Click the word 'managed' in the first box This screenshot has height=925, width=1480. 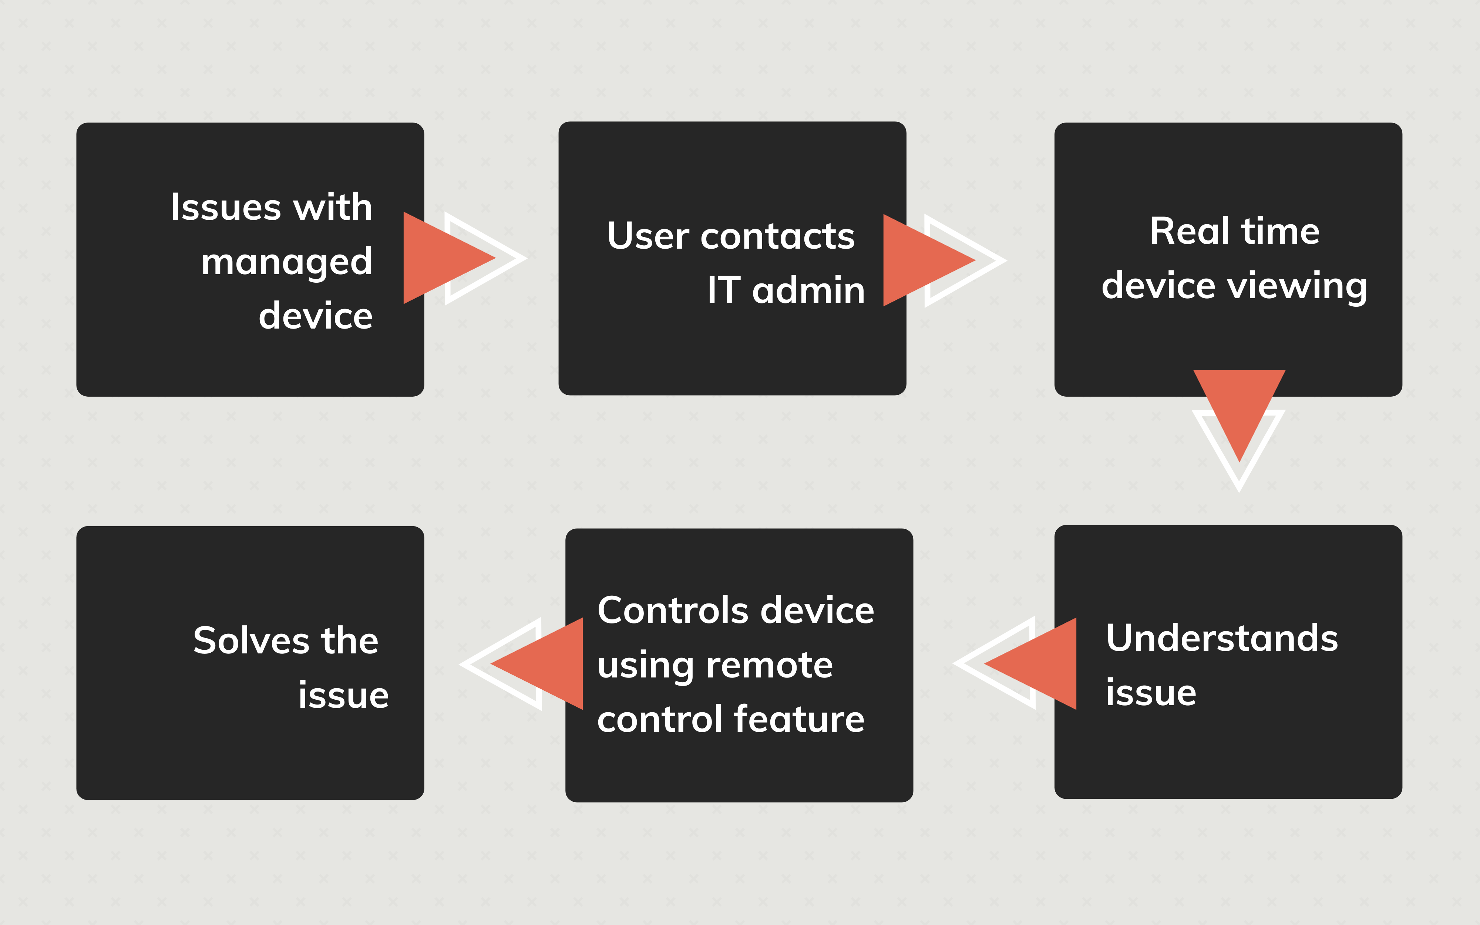tap(286, 262)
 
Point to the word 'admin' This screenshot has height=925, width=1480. tap(808, 290)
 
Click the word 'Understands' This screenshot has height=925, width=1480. tap(1222, 638)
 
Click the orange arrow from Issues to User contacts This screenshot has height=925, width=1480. tap(443, 258)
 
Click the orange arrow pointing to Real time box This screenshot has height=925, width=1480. tap(924, 260)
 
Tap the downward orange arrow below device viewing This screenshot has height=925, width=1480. tap(1239, 407)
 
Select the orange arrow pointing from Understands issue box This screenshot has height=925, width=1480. tap(1038, 664)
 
